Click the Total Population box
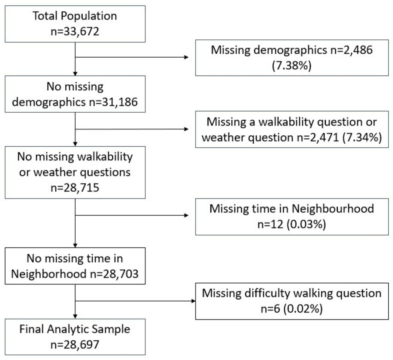pos(75,24)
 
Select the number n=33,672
pos(75,31)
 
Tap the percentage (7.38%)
pos(291,65)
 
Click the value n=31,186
pos(113,102)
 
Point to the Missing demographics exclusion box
pos(292,58)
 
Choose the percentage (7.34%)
pos(362,137)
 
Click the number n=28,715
pos(75,188)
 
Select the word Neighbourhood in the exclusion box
pos(333,209)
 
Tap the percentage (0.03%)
pos(306,224)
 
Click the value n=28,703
pos(114,274)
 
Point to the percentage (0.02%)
pos(303,309)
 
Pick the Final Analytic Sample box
pos(75,337)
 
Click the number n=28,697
pos(75,345)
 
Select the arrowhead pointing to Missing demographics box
pos(186,57)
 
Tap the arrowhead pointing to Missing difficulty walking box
pos(193,301)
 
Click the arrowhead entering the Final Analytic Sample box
pos(75,316)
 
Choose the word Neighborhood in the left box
pos(49,274)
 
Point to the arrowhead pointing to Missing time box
pos(186,215)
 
